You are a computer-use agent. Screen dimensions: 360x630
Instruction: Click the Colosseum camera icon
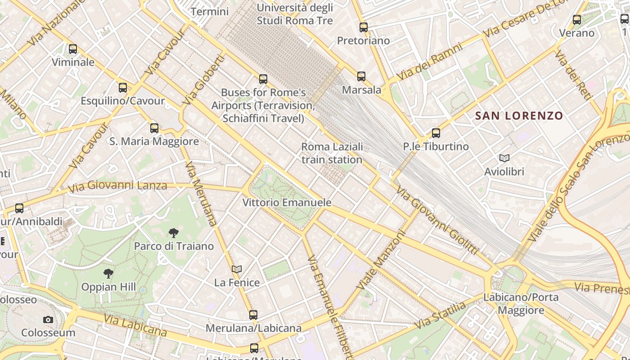click(x=48, y=319)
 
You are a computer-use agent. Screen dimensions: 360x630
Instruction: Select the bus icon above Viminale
click(x=73, y=49)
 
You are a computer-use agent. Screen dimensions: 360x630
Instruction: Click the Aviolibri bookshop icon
click(x=504, y=158)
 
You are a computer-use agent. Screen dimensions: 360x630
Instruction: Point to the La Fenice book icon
click(x=237, y=269)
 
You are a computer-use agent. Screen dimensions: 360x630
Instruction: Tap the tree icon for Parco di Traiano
click(x=174, y=233)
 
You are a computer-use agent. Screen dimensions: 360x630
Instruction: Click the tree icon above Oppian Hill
click(x=108, y=273)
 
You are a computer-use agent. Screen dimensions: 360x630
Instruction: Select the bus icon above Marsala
click(x=361, y=76)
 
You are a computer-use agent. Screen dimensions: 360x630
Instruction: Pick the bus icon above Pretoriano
click(x=364, y=27)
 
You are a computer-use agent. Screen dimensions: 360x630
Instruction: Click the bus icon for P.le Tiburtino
click(x=436, y=133)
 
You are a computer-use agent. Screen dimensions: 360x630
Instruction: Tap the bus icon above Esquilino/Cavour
click(x=123, y=88)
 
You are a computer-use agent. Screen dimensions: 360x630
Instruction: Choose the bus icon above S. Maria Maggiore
click(x=154, y=128)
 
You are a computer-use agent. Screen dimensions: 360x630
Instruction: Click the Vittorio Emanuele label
click(x=287, y=202)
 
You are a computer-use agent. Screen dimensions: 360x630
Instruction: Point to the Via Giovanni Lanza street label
click(x=117, y=185)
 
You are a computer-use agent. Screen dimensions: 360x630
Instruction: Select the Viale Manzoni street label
click(x=381, y=261)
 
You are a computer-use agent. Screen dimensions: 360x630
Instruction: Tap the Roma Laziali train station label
click(x=332, y=153)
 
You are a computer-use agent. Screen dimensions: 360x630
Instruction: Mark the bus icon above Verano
click(x=577, y=20)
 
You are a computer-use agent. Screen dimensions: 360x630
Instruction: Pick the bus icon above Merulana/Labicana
click(x=253, y=315)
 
